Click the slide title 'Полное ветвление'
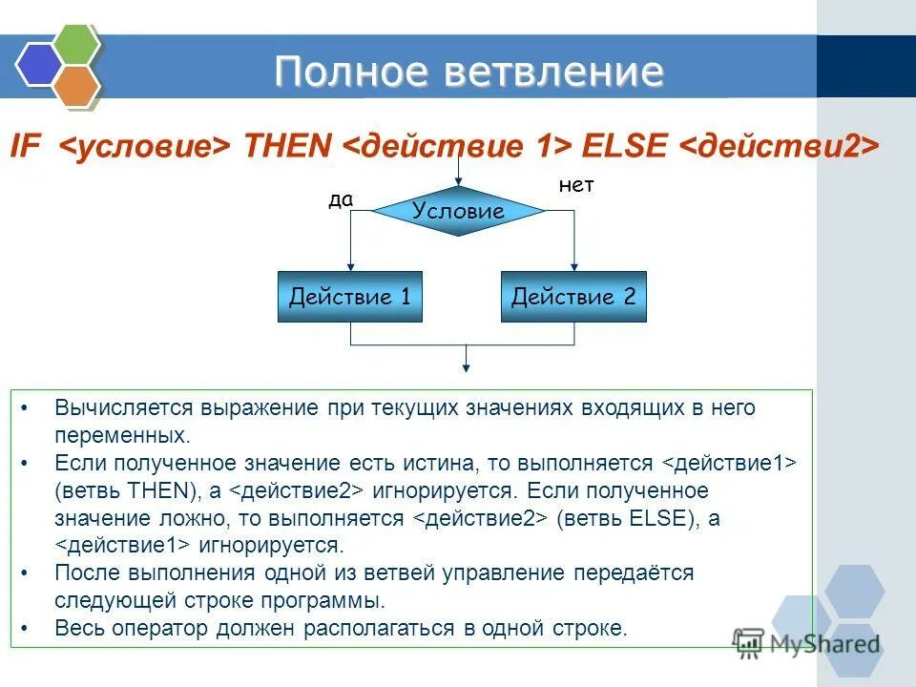pos(468,73)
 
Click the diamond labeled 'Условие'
pos(458,212)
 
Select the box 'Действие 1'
pos(349,297)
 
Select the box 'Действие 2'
pos(573,297)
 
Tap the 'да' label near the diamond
pos(341,200)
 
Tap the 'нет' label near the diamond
pos(576,186)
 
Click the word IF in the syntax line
pos(25,146)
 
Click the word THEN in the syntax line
pos(287,146)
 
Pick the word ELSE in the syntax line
pos(625,146)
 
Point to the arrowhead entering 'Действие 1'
pos(350,266)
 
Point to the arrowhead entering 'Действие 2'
pos(573,266)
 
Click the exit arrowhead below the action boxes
pos(466,365)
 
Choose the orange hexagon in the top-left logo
pos(76,85)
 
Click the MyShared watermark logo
pos(806,642)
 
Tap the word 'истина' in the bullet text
pos(444,464)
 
